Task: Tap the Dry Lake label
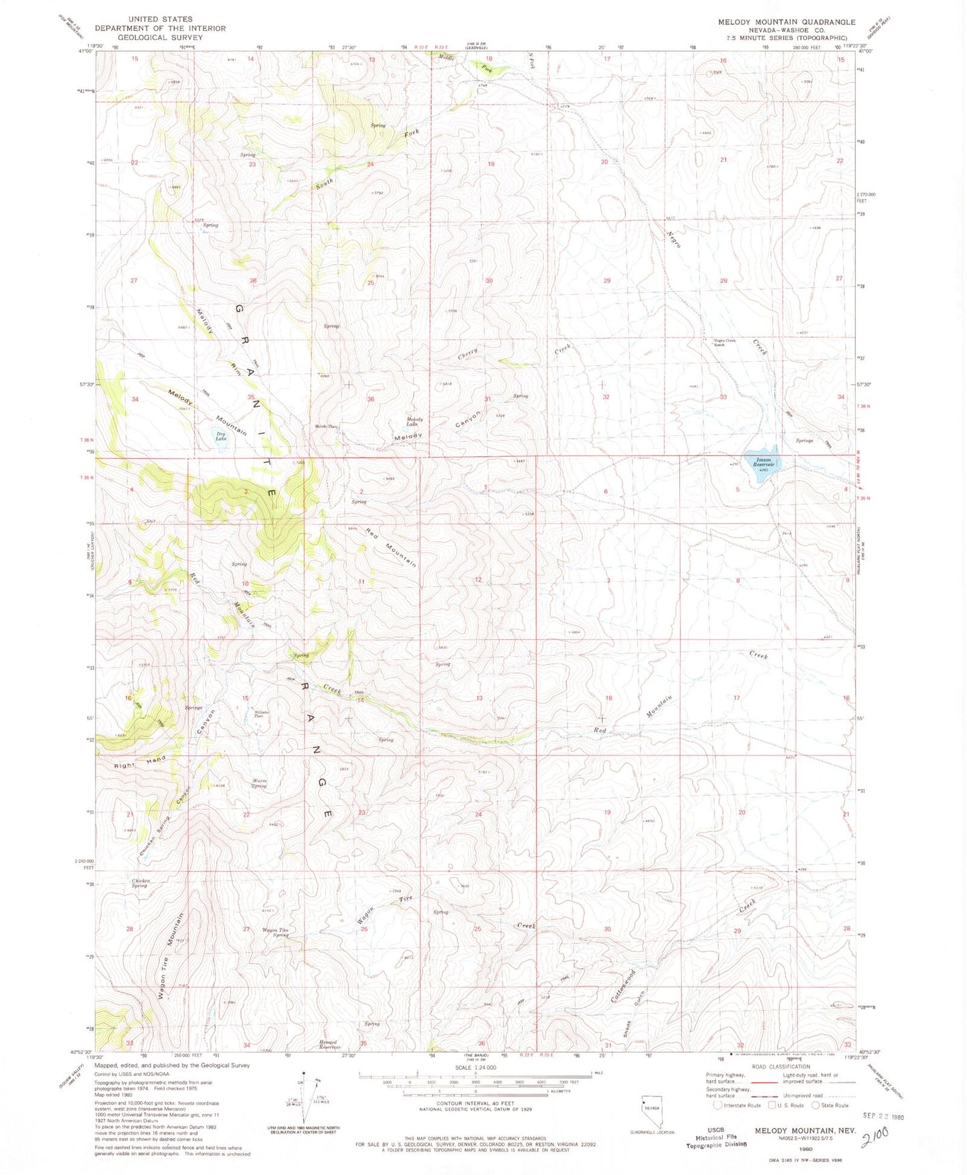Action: point(221,437)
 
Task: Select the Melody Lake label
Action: point(414,422)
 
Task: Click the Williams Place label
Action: point(262,714)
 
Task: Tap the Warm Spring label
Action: point(259,783)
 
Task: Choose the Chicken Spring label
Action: point(141,883)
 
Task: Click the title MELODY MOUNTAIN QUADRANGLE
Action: point(786,22)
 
